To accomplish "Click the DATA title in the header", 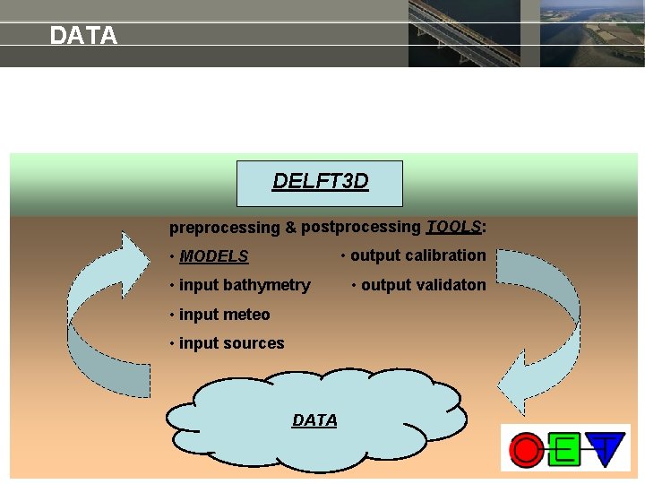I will (83, 36).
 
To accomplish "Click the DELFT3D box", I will (320, 183).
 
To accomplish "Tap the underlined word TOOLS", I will (453, 227).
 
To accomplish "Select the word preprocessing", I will (225, 229).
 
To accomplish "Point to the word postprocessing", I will (361, 228).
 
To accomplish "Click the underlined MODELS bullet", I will (213, 256).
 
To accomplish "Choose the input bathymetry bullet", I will (239, 286).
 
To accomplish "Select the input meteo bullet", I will (219, 315).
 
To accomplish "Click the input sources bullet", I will (227, 343).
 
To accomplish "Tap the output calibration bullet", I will (414, 255).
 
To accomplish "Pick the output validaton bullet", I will (419, 285).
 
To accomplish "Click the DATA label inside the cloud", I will (314, 420).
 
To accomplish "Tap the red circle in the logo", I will (527, 448).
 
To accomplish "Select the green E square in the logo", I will (565, 448).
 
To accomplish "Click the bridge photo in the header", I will (463, 33).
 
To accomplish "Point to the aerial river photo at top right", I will (592, 33).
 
